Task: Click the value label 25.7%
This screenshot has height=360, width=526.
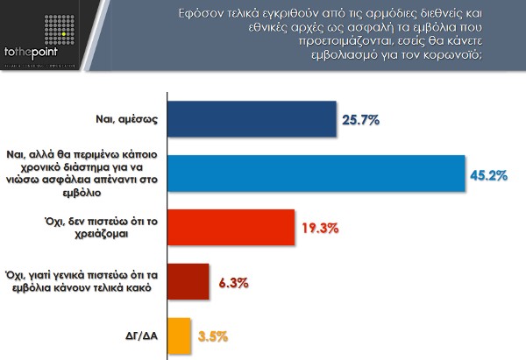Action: [361, 120]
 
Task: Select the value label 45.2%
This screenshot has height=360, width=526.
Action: [489, 174]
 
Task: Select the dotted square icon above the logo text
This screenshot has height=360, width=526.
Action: [33, 27]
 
